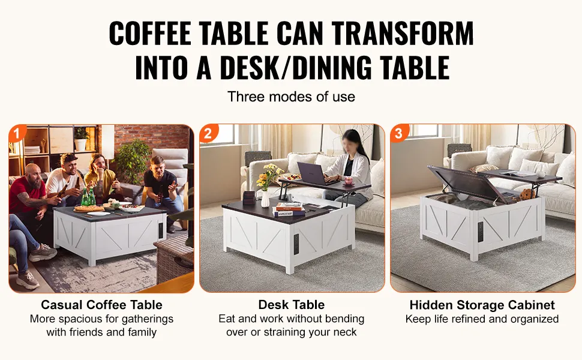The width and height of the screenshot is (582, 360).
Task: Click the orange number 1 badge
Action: point(17,133)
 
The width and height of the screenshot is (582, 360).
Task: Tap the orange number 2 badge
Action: point(208,133)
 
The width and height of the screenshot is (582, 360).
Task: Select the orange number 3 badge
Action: point(398,133)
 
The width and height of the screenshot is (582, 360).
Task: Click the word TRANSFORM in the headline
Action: point(403,33)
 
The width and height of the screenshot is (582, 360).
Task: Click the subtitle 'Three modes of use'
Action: point(292,97)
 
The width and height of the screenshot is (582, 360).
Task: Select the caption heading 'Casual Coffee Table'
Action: point(102,305)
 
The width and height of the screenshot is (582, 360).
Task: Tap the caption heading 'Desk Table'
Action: point(292,305)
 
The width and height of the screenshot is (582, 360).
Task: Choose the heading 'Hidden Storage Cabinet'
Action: point(482,305)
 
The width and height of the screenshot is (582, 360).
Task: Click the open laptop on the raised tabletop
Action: point(314,173)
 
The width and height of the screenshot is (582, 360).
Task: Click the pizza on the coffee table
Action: point(89,208)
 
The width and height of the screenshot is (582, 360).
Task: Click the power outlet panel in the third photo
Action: point(480,233)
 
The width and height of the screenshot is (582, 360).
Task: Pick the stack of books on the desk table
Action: point(289,209)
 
